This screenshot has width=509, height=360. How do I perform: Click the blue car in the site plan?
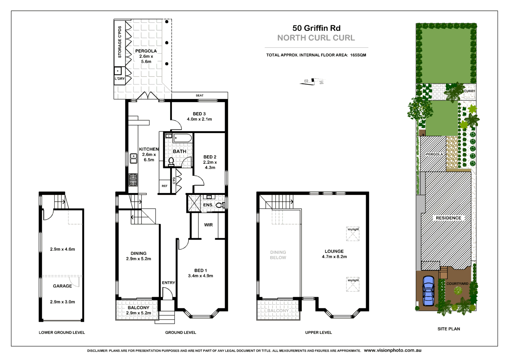pos(429,291)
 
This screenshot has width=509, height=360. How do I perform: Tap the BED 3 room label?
pos(199,114)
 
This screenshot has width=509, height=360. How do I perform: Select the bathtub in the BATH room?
pos(183,138)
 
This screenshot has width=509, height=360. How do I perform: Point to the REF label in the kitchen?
pos(165,186)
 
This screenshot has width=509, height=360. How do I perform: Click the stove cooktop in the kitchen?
pos(133,180)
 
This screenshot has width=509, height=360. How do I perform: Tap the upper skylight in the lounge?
pos(353,234)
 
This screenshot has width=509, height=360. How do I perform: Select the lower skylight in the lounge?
pos(353,284)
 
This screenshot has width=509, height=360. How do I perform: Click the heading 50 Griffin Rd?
pos(316,28)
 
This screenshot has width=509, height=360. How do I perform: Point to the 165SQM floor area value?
pos(358,55)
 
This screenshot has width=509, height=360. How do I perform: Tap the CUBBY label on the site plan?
pos(469,91)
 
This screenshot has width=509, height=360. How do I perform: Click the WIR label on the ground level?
pos(208,225)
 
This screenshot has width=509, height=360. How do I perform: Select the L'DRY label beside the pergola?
pos(120,79)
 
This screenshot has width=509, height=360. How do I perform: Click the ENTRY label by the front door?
pos(168,283)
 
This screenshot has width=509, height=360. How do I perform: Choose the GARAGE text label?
pos(63,286)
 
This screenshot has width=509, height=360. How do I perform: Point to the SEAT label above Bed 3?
pos(200,96)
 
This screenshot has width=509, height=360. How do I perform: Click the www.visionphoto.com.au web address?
pos(393,350)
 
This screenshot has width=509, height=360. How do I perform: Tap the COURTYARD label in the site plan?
pos(457,284)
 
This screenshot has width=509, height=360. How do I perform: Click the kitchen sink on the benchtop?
pos(133,159)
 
